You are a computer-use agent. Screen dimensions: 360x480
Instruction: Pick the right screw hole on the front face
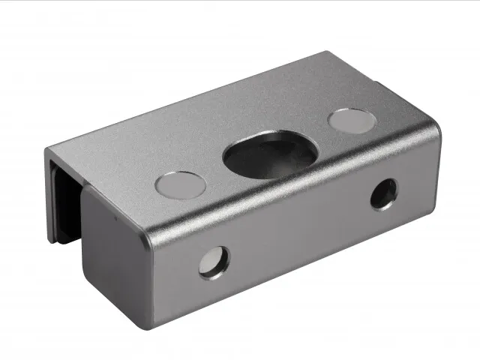click(x=384, y=193)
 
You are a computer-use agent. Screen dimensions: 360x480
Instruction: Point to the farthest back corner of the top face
click(x=327, y=52)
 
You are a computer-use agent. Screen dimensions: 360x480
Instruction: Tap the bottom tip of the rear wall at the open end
click(x=52, y=240)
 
